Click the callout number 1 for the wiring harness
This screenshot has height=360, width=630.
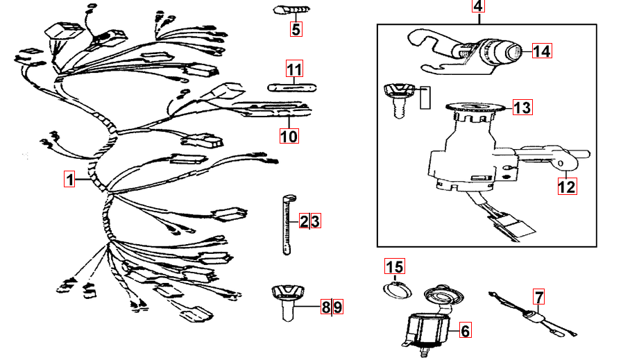click(x=69, y=180)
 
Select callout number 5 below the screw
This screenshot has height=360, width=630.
click(x=296, y=29)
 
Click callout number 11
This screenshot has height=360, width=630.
click(x=295, y=69)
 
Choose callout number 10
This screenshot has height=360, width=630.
click(x=289, y=136)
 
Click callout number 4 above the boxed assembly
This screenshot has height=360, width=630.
click(x=479, y=7)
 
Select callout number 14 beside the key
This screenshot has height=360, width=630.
click(x=541, y=51)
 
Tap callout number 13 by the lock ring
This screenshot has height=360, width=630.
click(x=522, y=107)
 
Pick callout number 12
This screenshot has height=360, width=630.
click(x=568, y=186)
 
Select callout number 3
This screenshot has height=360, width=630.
click(x=315, y=221)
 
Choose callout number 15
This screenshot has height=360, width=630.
click(x=394, y=266)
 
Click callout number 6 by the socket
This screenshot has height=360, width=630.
click(x=465, y=332)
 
